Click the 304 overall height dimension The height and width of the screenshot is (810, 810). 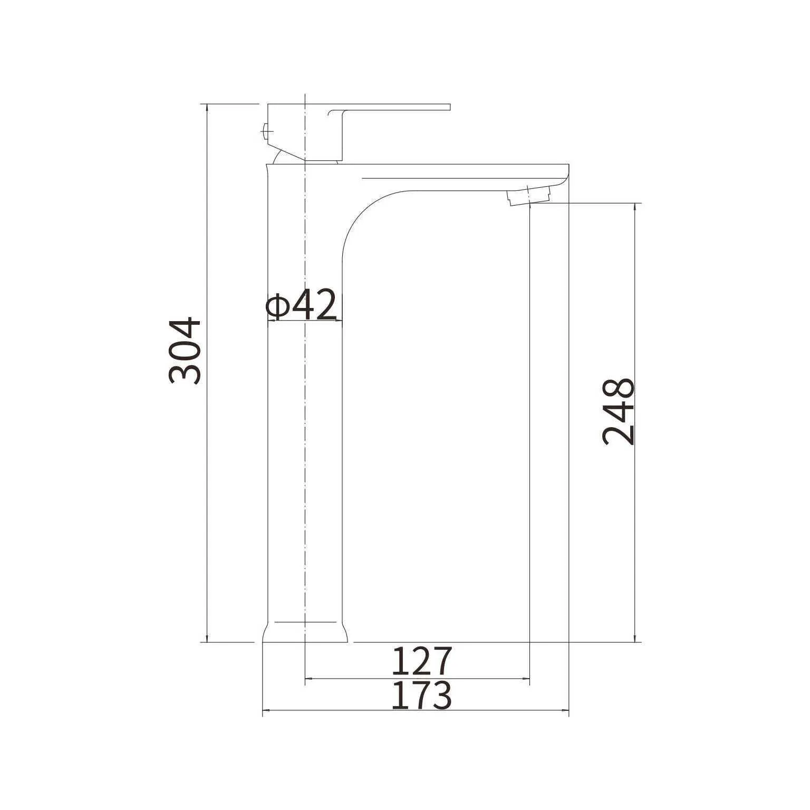click(185, 351)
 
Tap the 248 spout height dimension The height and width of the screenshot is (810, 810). click(618, 412)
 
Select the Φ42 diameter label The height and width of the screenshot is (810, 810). click(302, 304)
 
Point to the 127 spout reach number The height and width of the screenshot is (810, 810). click(422, 661)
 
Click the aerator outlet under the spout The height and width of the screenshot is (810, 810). click(529, 197)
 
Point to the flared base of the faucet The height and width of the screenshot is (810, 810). click(305, 631)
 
